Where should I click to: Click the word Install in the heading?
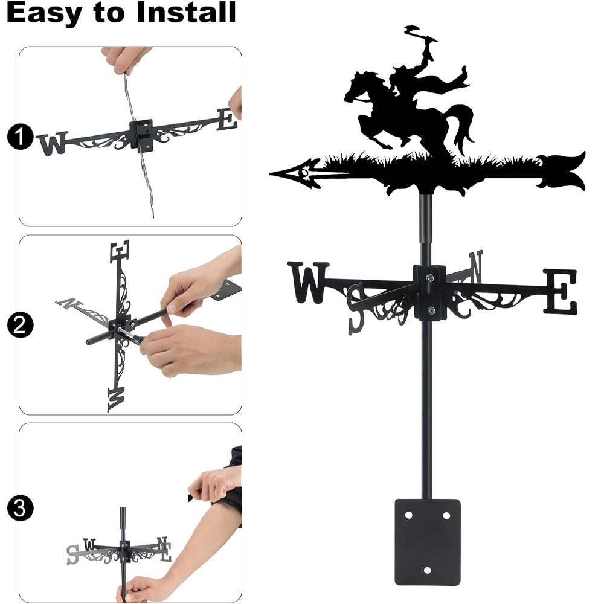186,12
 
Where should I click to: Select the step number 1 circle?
20,137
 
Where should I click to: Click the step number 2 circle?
20,325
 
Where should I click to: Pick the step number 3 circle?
20,508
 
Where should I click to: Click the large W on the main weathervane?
308,282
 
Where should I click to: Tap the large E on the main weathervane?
561,291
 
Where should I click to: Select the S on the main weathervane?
356,308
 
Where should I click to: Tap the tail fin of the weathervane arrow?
562,171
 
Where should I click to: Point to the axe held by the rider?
420,33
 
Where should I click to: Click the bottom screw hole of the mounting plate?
427,570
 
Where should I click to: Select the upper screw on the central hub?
429,277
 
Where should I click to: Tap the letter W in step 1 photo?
53,144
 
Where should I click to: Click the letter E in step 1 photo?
227,120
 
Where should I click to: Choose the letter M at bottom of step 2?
116,399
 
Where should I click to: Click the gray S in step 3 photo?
72,554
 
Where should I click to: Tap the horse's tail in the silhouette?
461,125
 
